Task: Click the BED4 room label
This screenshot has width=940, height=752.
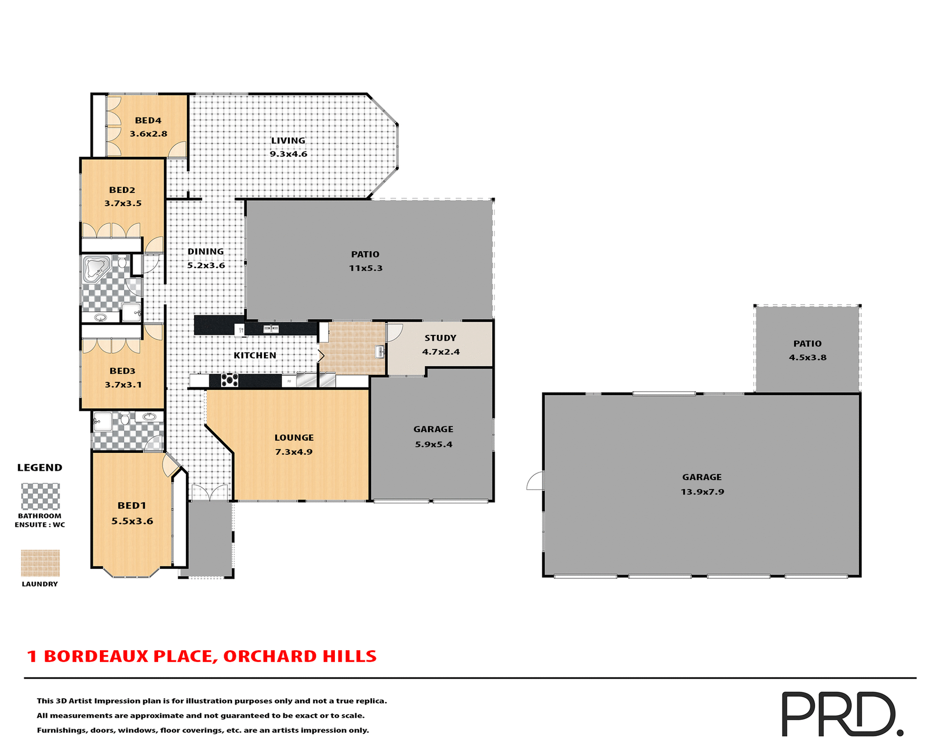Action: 148,120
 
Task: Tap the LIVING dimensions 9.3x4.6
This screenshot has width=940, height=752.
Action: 288,154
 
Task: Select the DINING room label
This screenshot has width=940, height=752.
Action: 206,252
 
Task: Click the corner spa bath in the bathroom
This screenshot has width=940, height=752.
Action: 96,268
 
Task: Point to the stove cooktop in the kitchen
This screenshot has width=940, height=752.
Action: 230,380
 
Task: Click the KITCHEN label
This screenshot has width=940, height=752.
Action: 255,355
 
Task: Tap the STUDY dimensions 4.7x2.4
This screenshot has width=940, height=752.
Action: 441,352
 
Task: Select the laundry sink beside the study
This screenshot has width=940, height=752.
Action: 380,351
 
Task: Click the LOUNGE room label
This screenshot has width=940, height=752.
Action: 294,438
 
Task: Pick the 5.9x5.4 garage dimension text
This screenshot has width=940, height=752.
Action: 433,445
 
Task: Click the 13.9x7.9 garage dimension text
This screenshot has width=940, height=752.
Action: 702,492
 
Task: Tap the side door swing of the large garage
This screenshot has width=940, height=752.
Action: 535,481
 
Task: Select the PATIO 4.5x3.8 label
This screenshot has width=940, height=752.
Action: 807,344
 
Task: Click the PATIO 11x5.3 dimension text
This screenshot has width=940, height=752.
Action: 365,268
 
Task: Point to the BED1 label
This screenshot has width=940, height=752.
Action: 132,506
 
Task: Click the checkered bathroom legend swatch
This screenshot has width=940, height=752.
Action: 40,496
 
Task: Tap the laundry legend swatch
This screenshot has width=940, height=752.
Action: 40,563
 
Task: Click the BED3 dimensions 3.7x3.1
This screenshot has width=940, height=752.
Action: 123,385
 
